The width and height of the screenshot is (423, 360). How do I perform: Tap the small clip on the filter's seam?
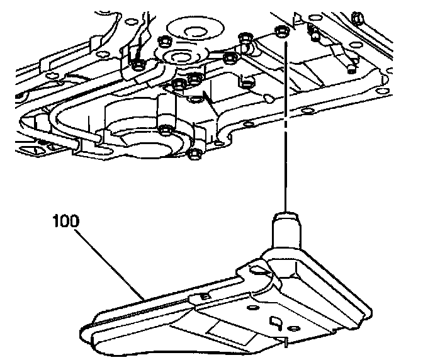203,296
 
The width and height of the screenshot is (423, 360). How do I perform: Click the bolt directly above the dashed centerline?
281,33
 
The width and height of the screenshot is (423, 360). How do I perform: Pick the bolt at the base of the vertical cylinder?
166,131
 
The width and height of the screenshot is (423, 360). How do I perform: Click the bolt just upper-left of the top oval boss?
162,41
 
